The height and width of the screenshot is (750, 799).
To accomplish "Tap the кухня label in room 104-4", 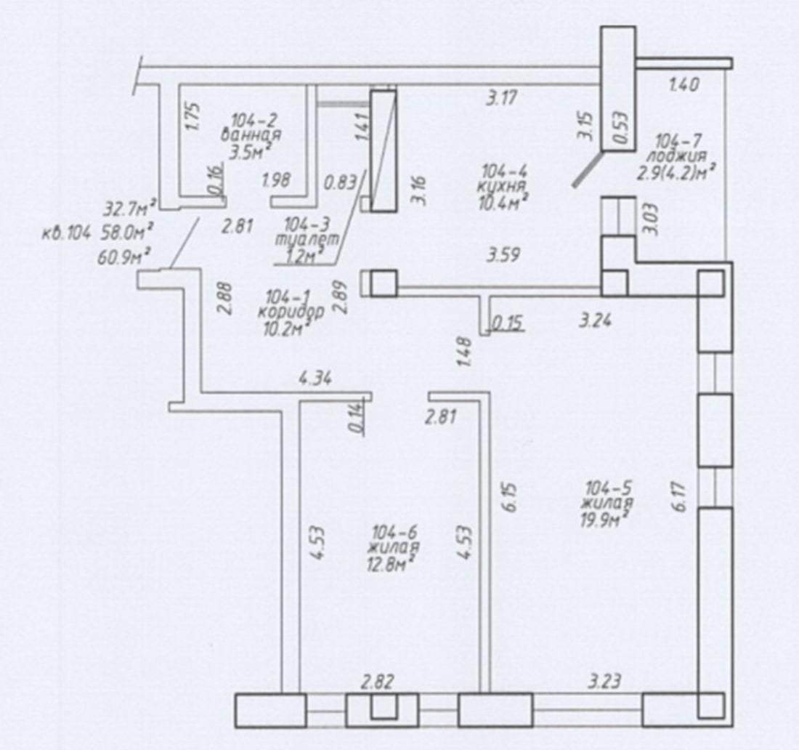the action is pyautogui.click(x=500, y=187).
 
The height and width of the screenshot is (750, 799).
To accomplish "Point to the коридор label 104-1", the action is pyautogui.click(x=291, y=312).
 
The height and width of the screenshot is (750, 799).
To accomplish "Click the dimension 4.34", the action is pyautogui.click(x=316, y=379).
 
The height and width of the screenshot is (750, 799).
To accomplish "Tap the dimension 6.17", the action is pyautogui.click(x=679, y=498).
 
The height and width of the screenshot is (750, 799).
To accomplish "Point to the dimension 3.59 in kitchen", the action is pyautogui.click(x=503, y=254).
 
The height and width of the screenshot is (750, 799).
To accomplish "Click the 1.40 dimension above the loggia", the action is pyautogui.click(x=684, y=84).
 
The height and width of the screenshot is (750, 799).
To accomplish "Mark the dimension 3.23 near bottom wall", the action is pyautogui.click(x=605, y=681).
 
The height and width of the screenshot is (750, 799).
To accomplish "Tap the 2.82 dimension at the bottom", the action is pyautogui.click(x=378, y=682).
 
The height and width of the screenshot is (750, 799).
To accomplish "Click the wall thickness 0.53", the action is pyautogui.click(x=620, y=128).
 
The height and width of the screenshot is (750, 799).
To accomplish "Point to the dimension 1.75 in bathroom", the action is pyautogui.click(x=194, y=117).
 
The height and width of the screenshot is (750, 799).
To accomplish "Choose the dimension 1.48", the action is pyautogui.click(x=464, y=352).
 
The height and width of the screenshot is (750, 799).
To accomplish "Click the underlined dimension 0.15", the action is pyautogui.click(x=508, y=323).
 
